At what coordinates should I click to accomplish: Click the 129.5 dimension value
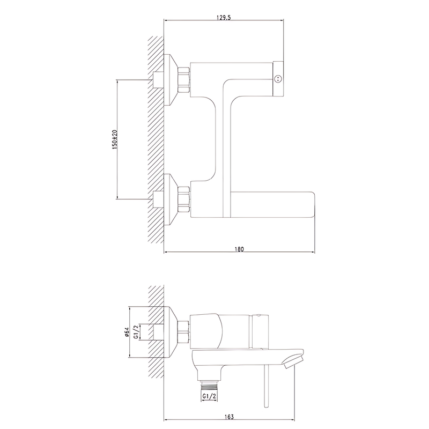224,18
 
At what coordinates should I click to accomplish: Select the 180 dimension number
239,249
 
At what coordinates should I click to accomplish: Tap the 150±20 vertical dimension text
115,139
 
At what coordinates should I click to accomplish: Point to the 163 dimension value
230,417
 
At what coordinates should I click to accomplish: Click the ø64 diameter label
127,332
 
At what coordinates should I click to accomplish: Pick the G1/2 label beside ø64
136,332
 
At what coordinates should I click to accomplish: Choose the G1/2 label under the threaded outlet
209,396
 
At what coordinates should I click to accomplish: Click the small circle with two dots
278,79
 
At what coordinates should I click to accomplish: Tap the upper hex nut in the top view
184,79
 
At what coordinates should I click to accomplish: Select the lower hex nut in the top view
184,199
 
